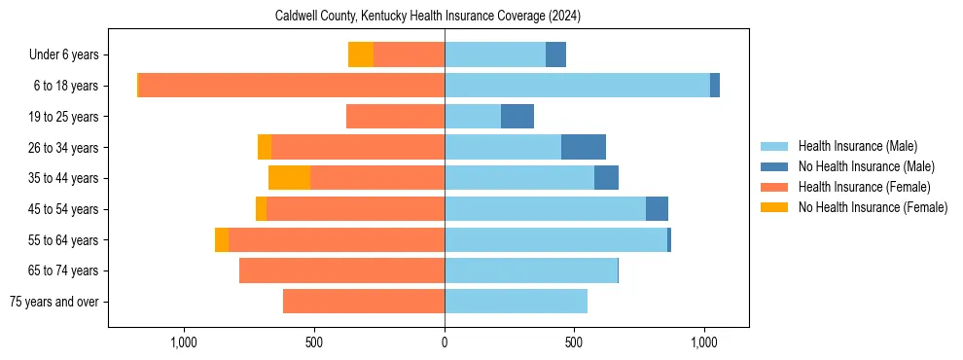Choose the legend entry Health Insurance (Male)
pos(856,146)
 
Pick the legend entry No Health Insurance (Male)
pos(864,166)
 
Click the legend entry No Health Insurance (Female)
pos(871,207)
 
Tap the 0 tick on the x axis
pos(445,342)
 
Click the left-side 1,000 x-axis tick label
pos(184,342)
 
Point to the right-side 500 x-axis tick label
pos(575,342)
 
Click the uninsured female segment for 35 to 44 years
pos(289,178)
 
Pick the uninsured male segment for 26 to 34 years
pos(584,147)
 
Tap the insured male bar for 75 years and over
pos(516,302)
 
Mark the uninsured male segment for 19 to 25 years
pos(517,117)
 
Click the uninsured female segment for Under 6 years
pos(361,55)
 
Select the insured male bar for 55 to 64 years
pos(555,240)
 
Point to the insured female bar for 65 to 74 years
pos(341,270)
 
